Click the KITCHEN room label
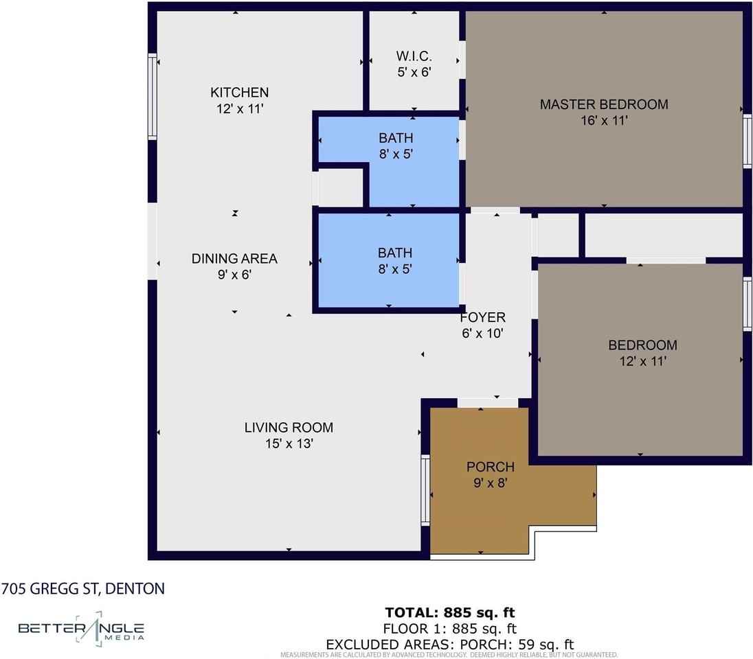click(239, 92)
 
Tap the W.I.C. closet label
click(414, 56)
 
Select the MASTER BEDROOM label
click(604, 104)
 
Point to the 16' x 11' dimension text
click(604, 120)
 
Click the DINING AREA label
click(234, 259)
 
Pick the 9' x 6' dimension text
click(234, 275)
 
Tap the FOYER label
click(482, 317)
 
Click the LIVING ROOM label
click(289, 427)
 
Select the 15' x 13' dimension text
click(289, 443)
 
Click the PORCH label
click(491, 467)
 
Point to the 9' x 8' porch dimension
click(491, 483)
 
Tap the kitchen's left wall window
click(153, 97)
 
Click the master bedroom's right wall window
click(748, 141)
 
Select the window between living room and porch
click(425, 490)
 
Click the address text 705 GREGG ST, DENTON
click(82, 588)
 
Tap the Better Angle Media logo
click(81, 629)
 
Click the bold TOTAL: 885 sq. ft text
click(450, 612)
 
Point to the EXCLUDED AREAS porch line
click(450, 644)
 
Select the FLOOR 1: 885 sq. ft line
click(450, 628)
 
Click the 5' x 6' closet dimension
click(414, 72)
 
